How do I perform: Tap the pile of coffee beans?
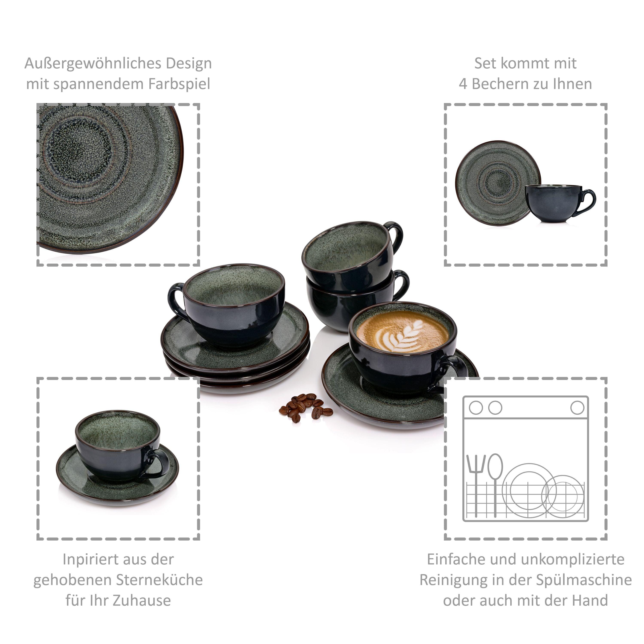[305, 408]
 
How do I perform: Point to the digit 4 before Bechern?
[463, 84]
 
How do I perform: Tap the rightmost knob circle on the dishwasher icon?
[577, 408]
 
